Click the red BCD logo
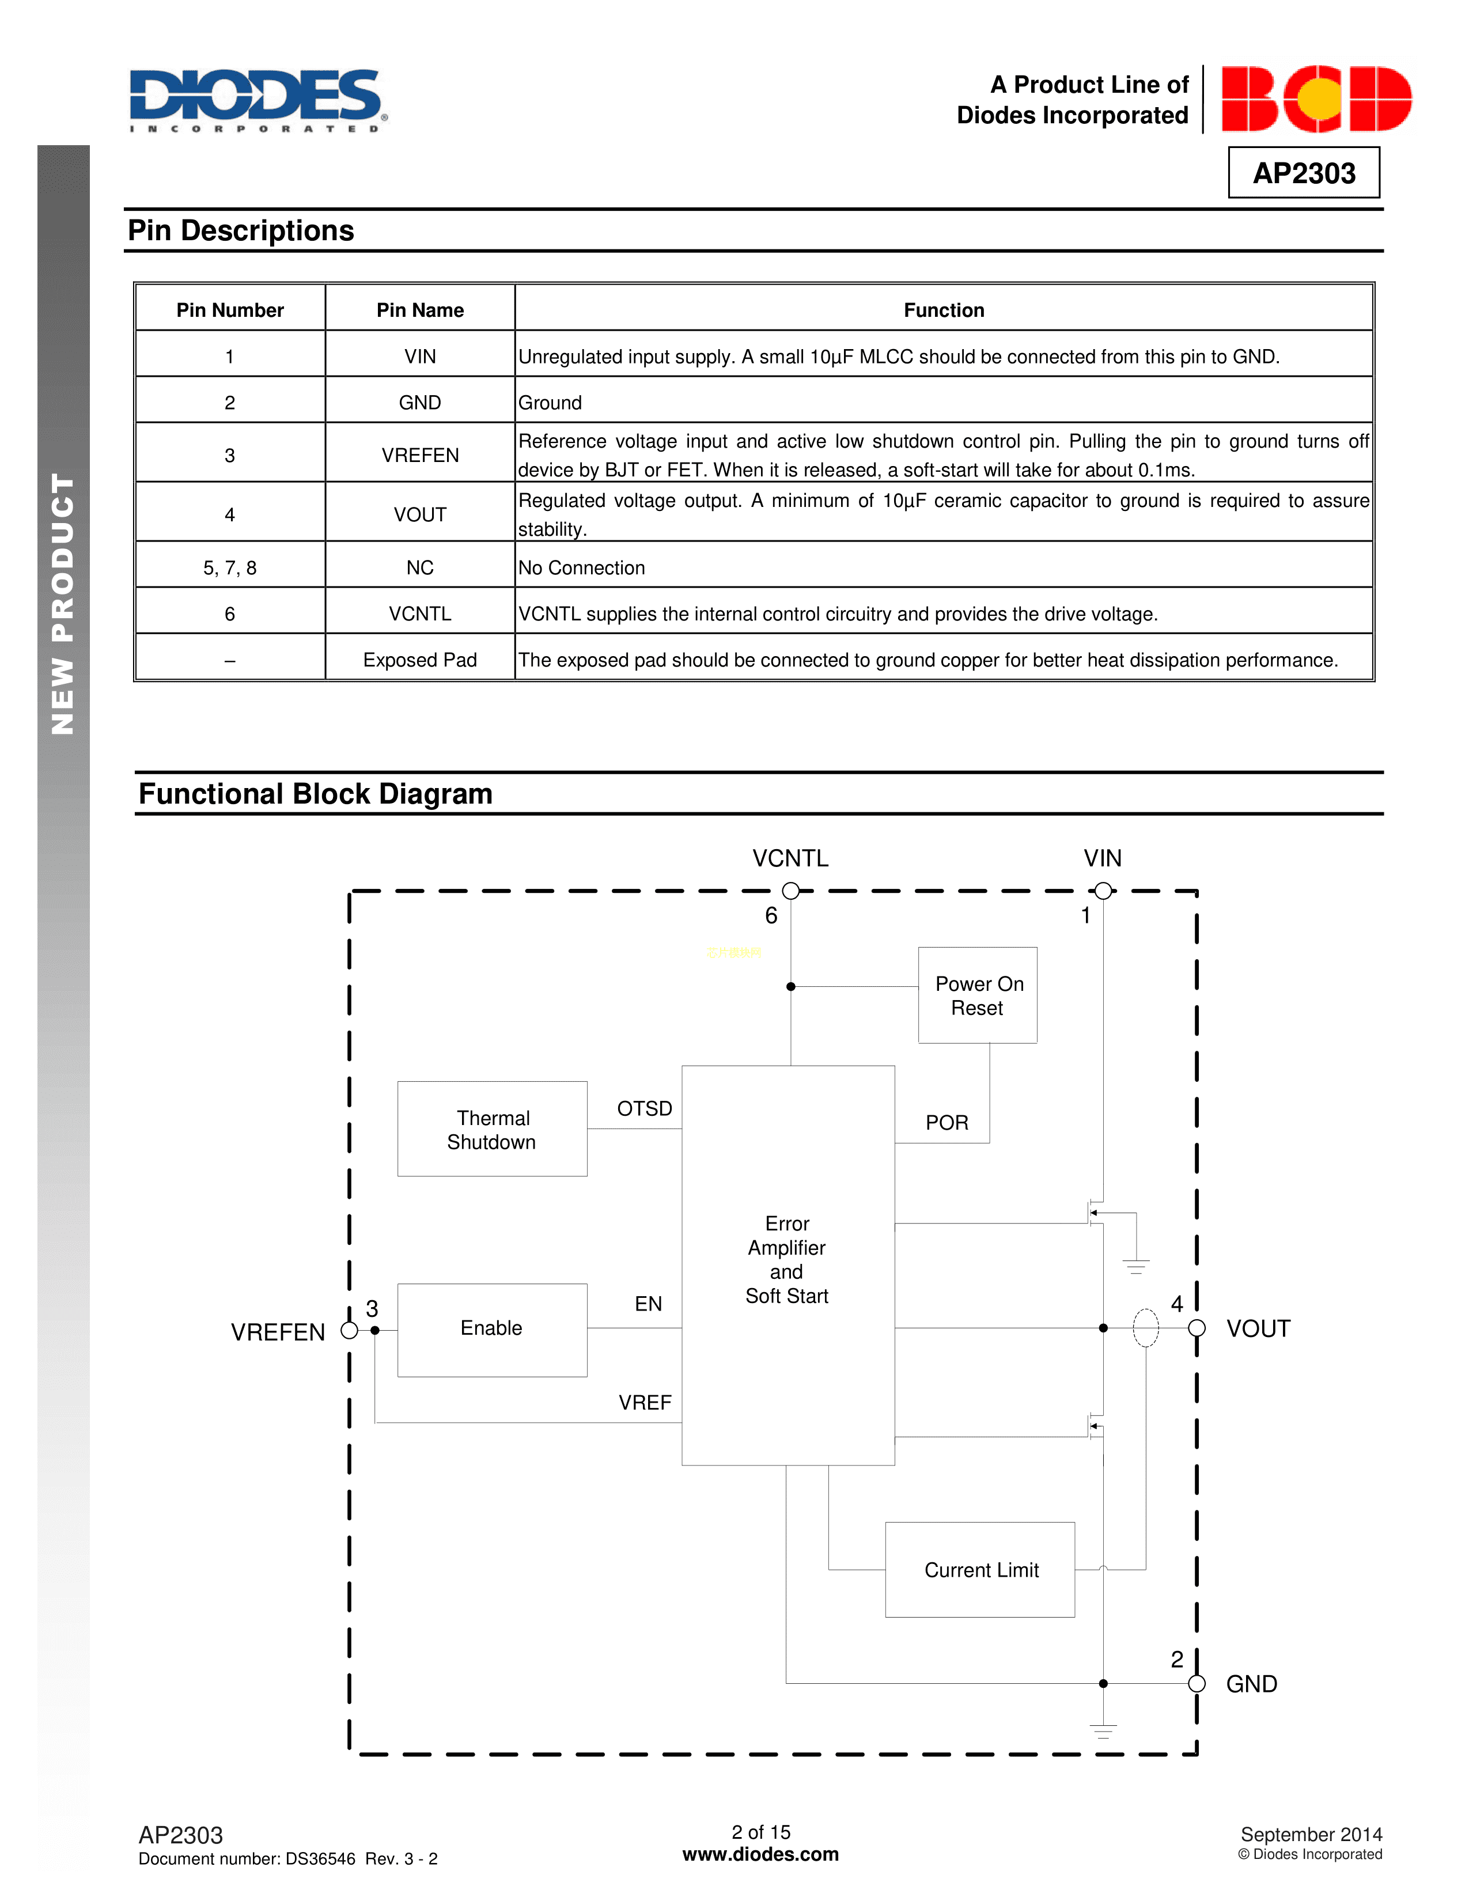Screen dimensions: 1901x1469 point(1315,99)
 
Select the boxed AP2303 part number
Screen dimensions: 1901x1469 point(1303,173)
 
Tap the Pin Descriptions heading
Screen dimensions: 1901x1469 point(241,230)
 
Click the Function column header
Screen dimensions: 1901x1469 point(944,310)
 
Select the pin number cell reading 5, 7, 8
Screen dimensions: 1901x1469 point(230,567)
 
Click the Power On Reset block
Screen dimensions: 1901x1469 point(977,995)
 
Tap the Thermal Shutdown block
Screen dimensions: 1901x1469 point(492,1129)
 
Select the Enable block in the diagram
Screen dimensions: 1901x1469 point(492,1328)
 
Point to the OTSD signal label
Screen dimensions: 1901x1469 point(644,1108)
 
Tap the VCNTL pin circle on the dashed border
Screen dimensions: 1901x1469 point(790,891)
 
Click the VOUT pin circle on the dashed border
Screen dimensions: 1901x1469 point(1197,1328)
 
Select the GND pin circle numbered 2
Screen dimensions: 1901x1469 point(1197,1683)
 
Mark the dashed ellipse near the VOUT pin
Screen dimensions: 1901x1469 point(1145,1328)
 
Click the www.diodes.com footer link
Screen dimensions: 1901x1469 point(760,1854)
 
